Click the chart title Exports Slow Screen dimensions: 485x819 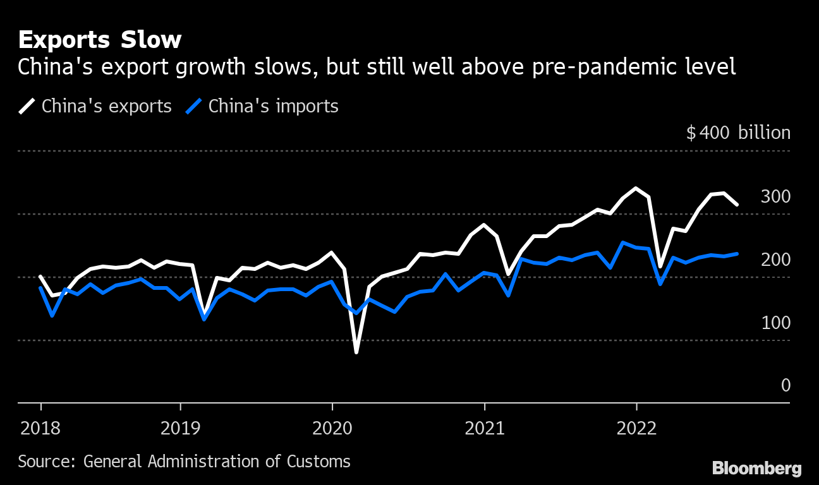100,40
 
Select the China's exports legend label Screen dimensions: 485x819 106,106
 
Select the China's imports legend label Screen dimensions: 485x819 273,106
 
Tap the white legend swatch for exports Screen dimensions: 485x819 27,106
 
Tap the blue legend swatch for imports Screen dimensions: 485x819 194,106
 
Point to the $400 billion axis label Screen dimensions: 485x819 738,133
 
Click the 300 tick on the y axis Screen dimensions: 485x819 775,196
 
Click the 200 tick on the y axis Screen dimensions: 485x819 775,260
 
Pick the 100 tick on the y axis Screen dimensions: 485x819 775,323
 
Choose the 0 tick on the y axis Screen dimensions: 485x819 786,385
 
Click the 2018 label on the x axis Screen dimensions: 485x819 40,429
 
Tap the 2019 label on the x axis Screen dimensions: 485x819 180,429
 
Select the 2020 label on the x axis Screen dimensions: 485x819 332,429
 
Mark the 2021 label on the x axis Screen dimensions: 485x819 484,429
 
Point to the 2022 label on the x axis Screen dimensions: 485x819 636,429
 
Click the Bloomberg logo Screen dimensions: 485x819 756,468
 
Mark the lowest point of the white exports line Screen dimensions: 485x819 356,352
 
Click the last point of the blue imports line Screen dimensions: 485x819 737,254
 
